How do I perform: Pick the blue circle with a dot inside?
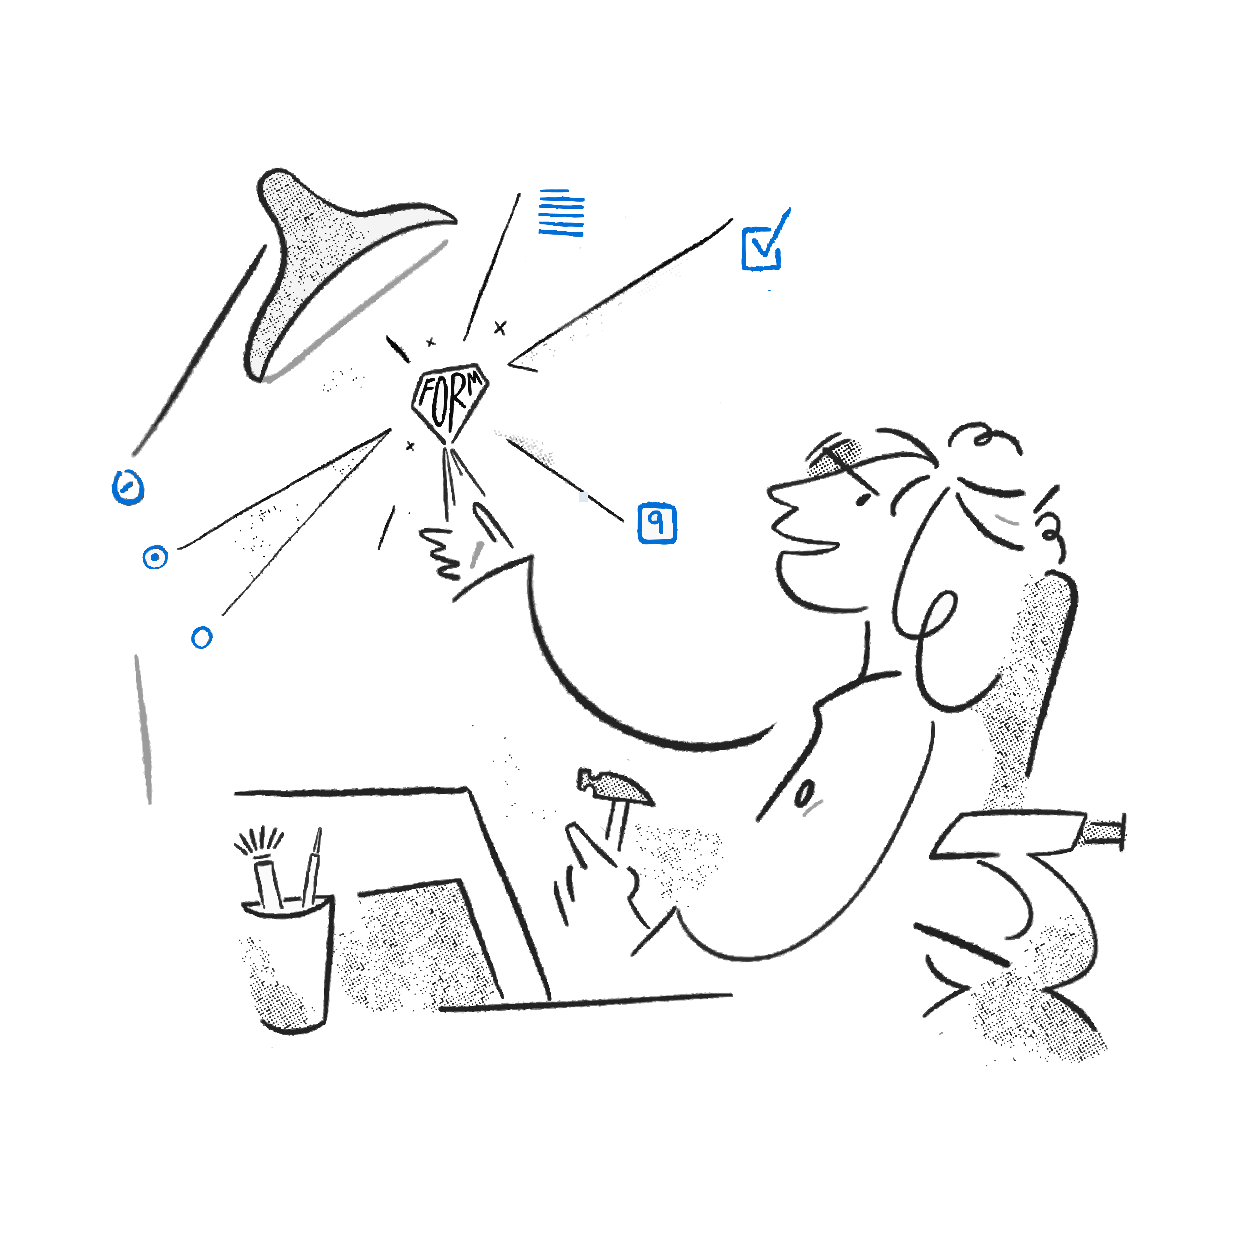click(x=155, y=557)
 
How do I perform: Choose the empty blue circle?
click(x=202, y=638)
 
